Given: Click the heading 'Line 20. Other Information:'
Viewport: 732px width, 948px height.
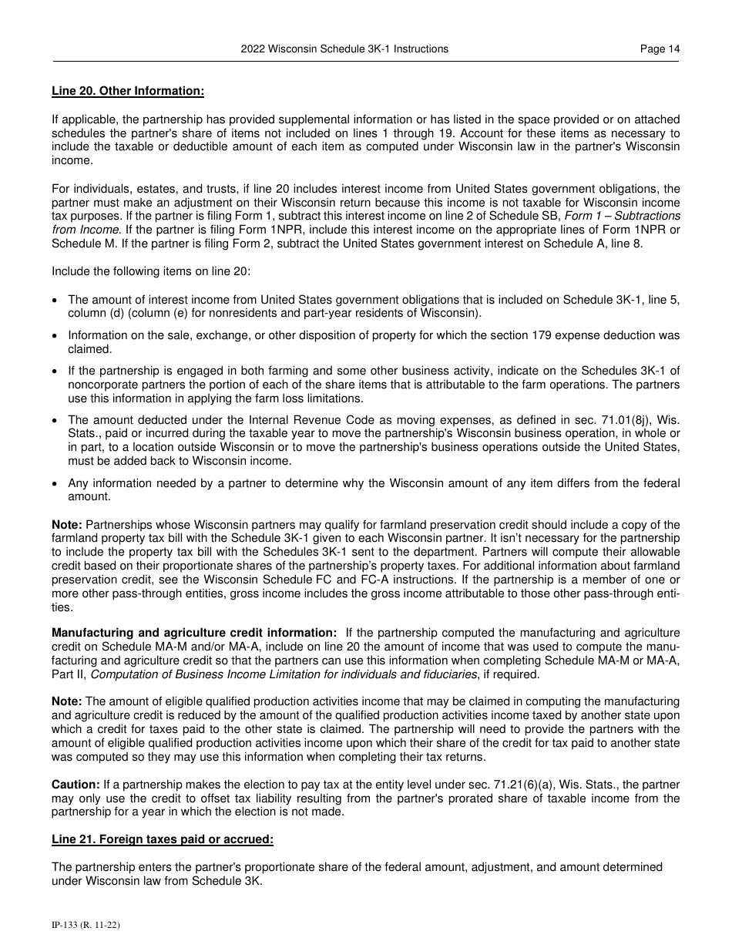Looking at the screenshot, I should point(128,91).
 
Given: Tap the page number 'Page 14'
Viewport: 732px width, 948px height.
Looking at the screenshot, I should point(660,49).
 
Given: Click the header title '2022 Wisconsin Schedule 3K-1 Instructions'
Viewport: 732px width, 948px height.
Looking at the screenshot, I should point(344,49).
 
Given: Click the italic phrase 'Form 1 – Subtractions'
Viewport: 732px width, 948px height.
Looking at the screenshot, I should point(624,216).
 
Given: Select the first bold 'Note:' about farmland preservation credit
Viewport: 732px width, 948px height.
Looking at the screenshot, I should point(67,525).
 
